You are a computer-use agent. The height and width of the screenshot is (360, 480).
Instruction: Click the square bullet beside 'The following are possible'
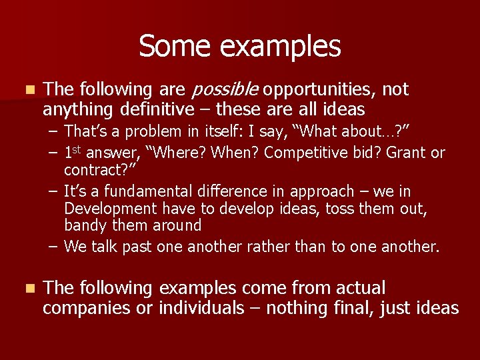pyautogui.click(x=27, y=89)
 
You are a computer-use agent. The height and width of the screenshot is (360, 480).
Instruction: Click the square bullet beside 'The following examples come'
pyautogui.click(x=27, y=289)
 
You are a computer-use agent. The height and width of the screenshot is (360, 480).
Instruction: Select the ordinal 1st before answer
pyautogui.click(x=73, y=152)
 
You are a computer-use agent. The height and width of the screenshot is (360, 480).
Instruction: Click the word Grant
pyautogui.click(x=406, y=153)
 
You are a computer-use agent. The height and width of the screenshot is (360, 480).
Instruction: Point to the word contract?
pyautogui.click(x=96, y=170)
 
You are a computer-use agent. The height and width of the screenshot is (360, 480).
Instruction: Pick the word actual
pyautogui.click(x=360, y=289)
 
